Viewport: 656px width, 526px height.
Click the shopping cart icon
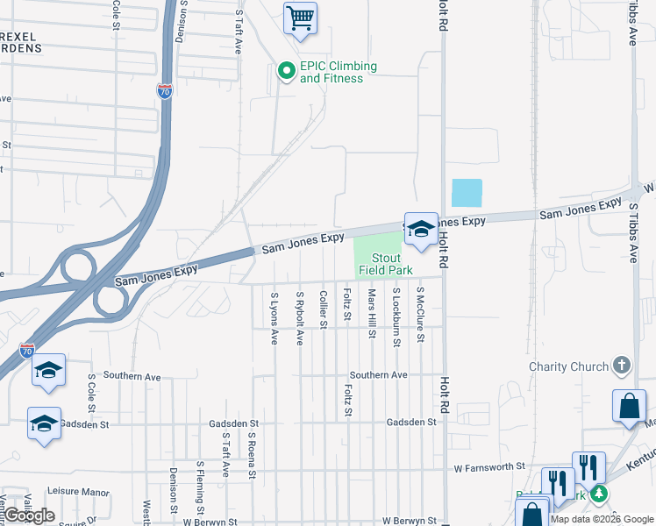point(301,18)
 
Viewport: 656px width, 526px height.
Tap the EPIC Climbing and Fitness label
point(338,73)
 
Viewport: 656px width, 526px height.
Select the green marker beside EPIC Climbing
point(286,72)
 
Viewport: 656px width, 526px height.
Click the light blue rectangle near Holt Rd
point(467,193)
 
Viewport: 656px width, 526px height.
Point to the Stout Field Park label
point(380,264)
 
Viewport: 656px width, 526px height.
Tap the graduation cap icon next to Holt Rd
point(421,230)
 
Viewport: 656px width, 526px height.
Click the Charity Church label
point(568,366)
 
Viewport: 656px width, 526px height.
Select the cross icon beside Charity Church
point(621,365)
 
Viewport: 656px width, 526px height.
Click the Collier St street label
point(324,309)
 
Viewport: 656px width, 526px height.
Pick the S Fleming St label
point(200,488)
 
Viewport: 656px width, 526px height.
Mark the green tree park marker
point(599,494)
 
